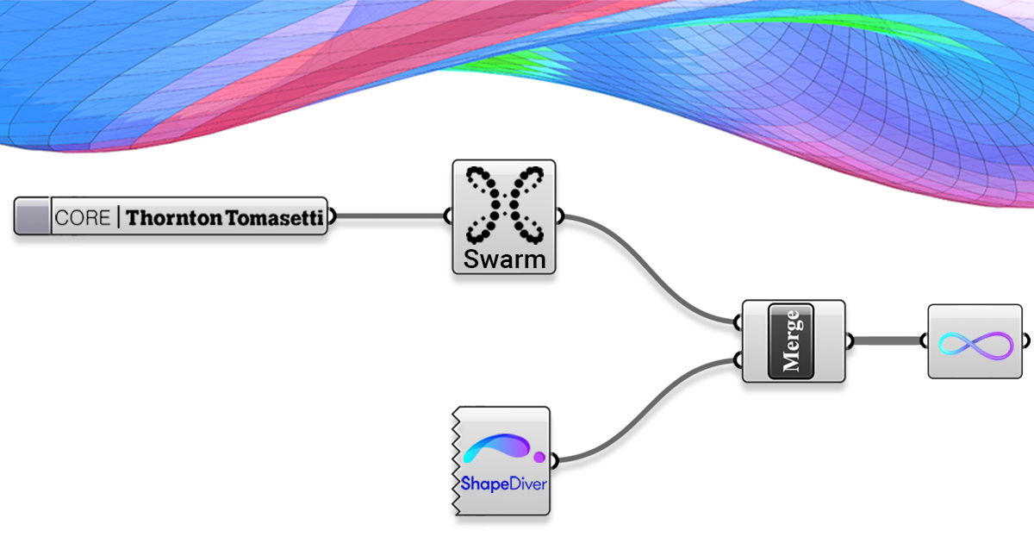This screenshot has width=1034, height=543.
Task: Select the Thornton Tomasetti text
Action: (225, 218)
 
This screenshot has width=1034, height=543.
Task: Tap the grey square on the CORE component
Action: (34, 216)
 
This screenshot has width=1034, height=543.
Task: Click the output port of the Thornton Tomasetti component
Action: (332, 216)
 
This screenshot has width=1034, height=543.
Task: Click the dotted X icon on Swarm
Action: (504, 204)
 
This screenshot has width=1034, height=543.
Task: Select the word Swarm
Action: (504, 259)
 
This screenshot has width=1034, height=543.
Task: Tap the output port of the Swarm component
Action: (561, 216)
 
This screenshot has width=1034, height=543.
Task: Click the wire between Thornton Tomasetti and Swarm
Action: (388, 216)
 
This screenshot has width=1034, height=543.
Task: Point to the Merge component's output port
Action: (850, 341)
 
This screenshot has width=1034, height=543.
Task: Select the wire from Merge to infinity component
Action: (888, 341)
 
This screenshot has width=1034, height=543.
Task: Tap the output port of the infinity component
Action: (1026, 341)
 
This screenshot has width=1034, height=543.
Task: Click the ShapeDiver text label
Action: (500, 483)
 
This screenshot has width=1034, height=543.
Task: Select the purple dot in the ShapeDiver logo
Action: (539, 456)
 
